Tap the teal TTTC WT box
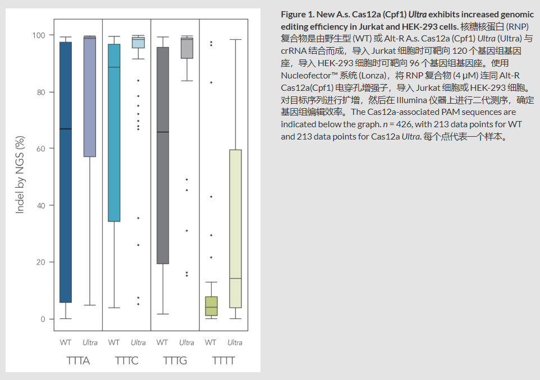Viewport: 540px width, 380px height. pyautogui.click(x=114, y=135)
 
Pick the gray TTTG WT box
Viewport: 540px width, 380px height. pyautogui.click(x=162, y=157)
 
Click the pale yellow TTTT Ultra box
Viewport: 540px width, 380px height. pyautogui.click(x=235, y=224)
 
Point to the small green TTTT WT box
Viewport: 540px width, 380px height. pyautogui.click(x=211, y=306)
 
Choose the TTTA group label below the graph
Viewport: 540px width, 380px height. pyautogui.click(x=78, y=361)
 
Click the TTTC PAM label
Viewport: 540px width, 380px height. pyautogui.click(x=126, y=361)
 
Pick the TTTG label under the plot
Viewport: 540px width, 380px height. pyautogui.click(x=175, y=361)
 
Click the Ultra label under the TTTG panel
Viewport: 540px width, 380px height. pyautogui.click(x=187, y=342)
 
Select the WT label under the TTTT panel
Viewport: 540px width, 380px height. pyautogui.click(x=210, y=342)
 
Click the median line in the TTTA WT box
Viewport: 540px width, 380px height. pyautogui.click(x=66, y=129)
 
